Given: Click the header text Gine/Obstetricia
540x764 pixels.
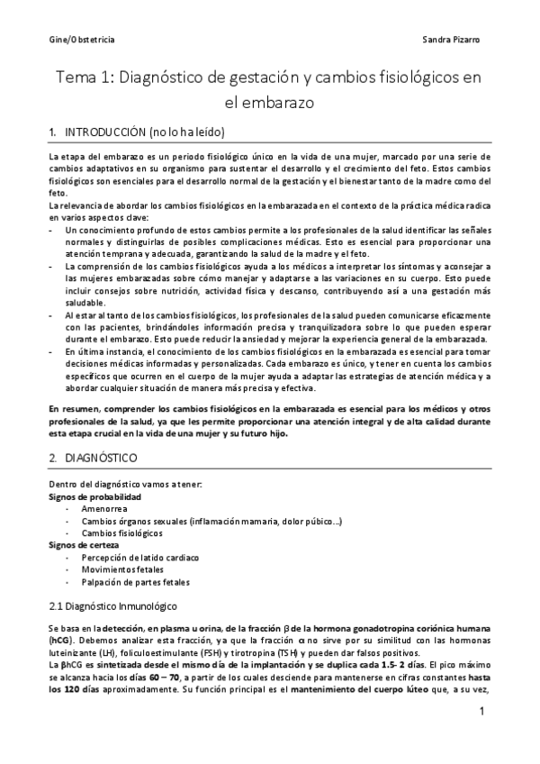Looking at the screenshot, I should [80, 41].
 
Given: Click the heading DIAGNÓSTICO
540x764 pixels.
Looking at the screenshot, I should [101, 459].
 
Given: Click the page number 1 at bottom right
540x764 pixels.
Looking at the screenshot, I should [482, 712].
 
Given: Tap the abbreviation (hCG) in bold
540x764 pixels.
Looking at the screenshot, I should [62, 639].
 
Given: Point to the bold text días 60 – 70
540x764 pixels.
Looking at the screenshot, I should [133, 674].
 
